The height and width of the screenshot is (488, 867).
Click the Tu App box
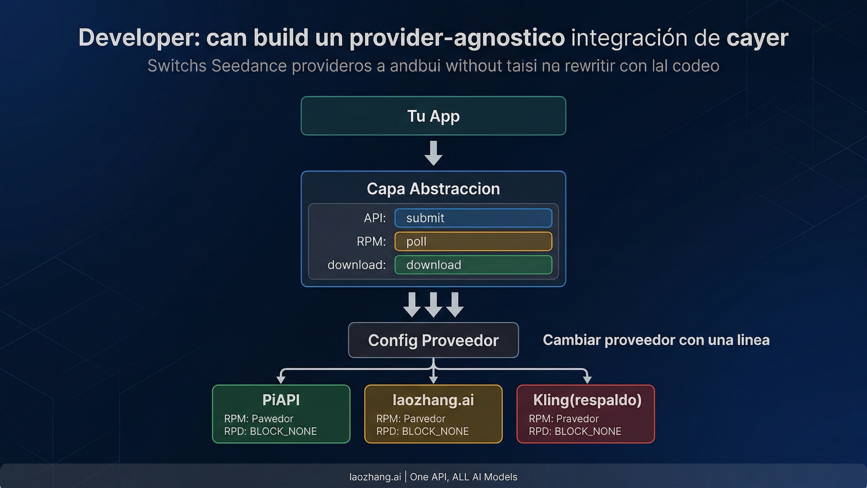[x=433, y=116]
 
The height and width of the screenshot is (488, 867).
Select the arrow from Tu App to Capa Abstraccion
[x=433, y=153]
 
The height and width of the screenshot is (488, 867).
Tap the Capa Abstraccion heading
[x=433, y=189]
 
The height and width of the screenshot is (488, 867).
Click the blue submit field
[x=473, y=218]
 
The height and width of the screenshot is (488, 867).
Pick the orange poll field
[x=473, y=241]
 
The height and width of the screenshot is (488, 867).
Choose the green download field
[x=473, y=265]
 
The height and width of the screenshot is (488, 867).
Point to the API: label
[x=375, y=218]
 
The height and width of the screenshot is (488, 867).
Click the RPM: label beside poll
[x=371, y=241]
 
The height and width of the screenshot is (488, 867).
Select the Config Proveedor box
[x=433, y=340]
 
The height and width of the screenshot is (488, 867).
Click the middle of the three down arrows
[x=433, y=305]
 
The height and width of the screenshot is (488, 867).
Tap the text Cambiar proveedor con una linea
[x=656, y=340]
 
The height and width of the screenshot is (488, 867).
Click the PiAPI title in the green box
[x=281, y=400]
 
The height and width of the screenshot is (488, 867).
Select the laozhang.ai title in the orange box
[x=433, y=400]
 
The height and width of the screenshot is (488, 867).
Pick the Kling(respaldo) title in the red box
[x=587, y=400]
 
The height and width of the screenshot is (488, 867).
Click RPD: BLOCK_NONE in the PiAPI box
[x=270, y=431]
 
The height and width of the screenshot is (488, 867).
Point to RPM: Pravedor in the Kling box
[x=564, y=419]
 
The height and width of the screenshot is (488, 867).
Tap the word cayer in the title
[x=757, y=38]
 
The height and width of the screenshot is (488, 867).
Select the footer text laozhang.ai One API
[x=433, y=477]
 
